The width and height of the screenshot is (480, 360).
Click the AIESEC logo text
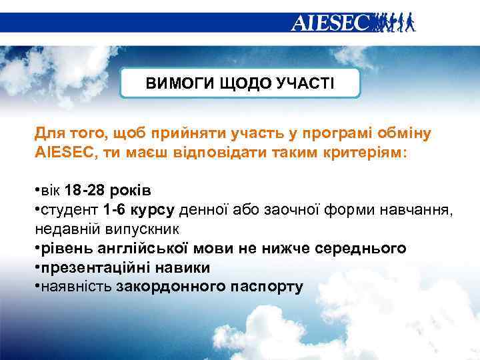330,23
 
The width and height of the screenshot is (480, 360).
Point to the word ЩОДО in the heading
239,83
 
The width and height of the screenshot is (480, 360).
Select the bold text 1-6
114,211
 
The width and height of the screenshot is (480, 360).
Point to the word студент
71,211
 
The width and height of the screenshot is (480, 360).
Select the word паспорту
267,287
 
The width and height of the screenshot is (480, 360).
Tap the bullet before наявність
37,287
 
